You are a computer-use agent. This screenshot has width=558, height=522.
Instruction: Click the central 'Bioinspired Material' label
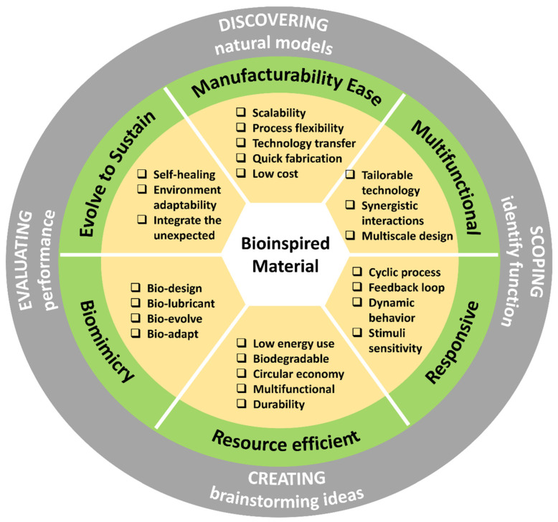point(278,255)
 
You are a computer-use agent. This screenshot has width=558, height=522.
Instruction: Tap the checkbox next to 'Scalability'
point(242,113)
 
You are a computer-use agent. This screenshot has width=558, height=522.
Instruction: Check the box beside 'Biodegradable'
point(242,359)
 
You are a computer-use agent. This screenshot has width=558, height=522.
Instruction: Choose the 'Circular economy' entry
point(298,374)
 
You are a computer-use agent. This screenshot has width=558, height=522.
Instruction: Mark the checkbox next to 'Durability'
point(242,404)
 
